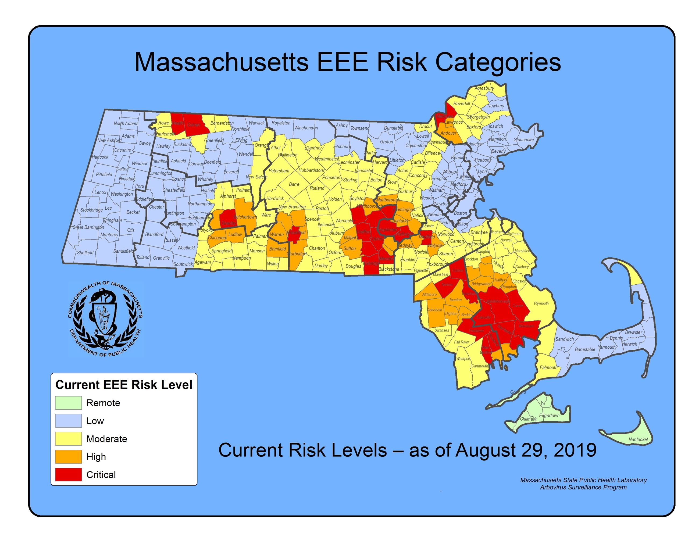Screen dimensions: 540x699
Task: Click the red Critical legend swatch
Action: click(x=68, y=474)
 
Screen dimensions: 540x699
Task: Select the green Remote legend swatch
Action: click(x=68, y=403)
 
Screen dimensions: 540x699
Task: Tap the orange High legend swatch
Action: click(x=68, y=456)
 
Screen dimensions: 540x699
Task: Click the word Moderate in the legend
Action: click(x=106, y=439)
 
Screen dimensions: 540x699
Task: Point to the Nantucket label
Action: click(x=638, y=439)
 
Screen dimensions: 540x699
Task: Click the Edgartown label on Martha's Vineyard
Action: click(x=549, y=416)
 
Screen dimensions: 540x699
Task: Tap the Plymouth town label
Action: click(x=541, y=303)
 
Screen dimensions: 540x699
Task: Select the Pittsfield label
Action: click(x=104, y=174)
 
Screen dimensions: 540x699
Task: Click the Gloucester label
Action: click(x=524, y=140)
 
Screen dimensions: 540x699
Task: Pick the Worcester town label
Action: click(x=345, y=221)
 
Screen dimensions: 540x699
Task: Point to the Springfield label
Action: click(x=222, y=251)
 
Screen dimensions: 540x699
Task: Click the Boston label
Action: click(x=461, y=213)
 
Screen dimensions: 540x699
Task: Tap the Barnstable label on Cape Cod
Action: click(x=585, y=349)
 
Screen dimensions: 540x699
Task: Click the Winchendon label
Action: click(x=306, y=128)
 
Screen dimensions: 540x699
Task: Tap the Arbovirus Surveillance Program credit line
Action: click(x=583, y=487)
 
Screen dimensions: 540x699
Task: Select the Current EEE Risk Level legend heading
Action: click(x=124, y=385)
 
